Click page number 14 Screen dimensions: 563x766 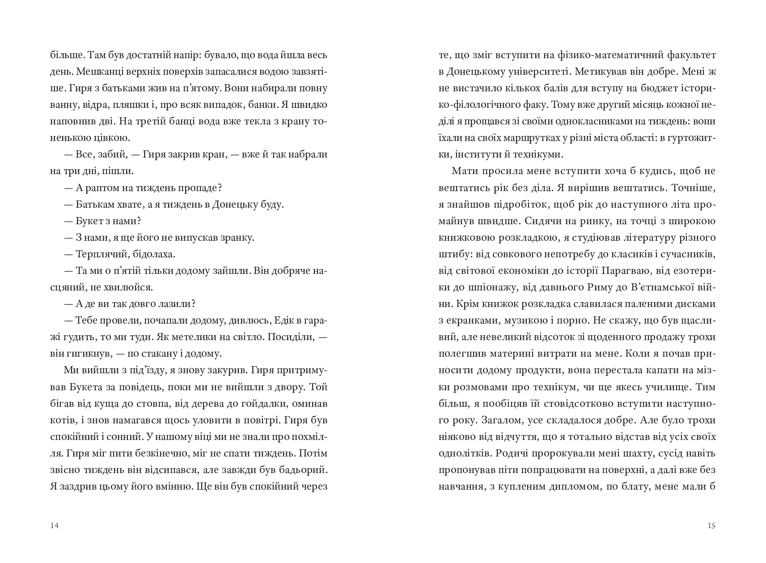pos(55,525)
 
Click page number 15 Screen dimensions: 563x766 pos(711,525)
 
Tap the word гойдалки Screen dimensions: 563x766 pos(271,403)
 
